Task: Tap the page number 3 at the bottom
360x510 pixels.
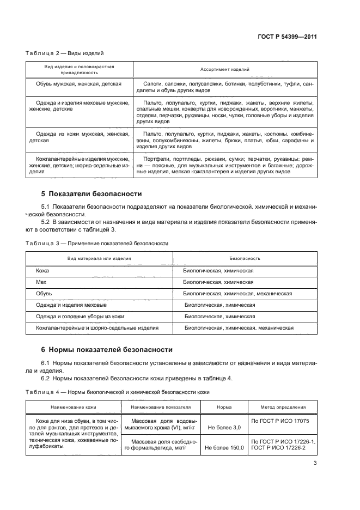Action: click(315, 463)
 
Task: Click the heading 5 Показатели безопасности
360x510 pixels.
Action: click(91, 193)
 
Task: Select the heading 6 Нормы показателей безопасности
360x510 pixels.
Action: click(107, 349)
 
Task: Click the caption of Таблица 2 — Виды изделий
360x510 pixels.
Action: click(65, 53)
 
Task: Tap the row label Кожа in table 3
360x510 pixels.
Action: click(42, 270)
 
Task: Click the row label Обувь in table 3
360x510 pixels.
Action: click(44, 293)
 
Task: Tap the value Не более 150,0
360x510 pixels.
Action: click(224, 447)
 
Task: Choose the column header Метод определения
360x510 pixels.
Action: click(282, 406)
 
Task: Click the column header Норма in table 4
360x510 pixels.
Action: click(224, 406)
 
